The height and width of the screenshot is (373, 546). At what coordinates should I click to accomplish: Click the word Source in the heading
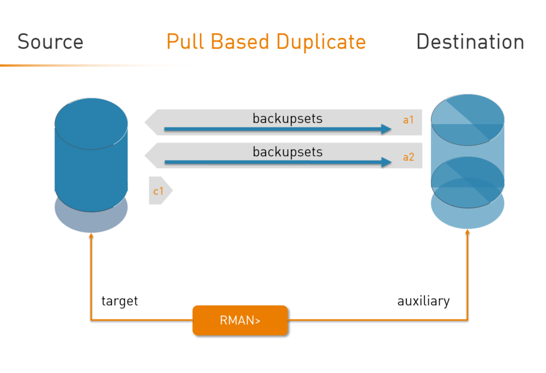[50, 42]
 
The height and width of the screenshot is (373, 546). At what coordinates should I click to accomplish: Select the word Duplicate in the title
[321, 42]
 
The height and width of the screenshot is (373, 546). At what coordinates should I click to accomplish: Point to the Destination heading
[470, 42]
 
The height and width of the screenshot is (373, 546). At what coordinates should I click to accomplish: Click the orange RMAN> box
[240, 320]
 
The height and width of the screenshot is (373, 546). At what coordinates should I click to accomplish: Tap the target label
[120, 301]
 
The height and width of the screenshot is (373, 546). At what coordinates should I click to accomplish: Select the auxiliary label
[424, 301]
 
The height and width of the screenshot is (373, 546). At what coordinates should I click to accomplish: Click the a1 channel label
[408, 120]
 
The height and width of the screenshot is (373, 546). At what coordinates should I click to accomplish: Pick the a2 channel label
[408, 157]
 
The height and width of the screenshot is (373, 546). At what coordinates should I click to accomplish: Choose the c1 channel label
[158, 191]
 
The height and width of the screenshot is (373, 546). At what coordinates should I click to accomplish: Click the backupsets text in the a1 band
[287, 118]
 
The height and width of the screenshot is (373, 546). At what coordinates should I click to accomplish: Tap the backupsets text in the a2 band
[287, 152]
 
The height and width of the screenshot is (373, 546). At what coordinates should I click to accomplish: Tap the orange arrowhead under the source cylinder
[91, 236]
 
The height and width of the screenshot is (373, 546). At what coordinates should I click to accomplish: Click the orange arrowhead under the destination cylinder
[468, 232]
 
